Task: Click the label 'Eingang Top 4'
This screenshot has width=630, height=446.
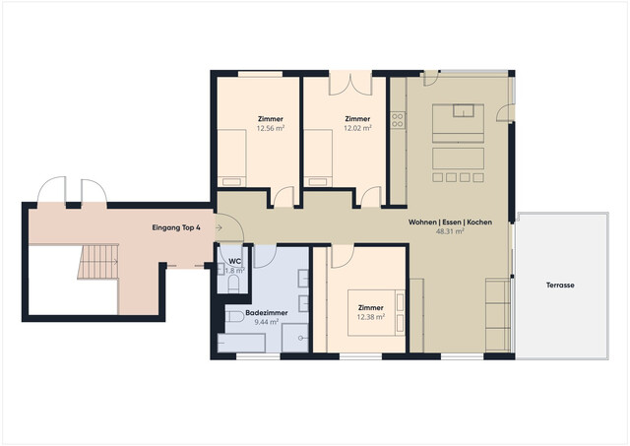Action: point(177,227)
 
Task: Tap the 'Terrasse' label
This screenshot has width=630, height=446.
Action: point(560,286)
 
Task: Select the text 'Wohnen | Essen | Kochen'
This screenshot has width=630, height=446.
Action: point(450,223)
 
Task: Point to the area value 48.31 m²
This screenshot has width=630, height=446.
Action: point(450,234)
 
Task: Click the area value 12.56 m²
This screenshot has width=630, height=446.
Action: point(271,128)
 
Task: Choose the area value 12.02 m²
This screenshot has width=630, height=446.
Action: point(357,128)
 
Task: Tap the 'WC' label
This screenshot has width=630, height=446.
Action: point(235,261)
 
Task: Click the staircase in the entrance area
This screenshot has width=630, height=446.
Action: point(96,262)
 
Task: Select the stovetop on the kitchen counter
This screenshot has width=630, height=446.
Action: point(398,121)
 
